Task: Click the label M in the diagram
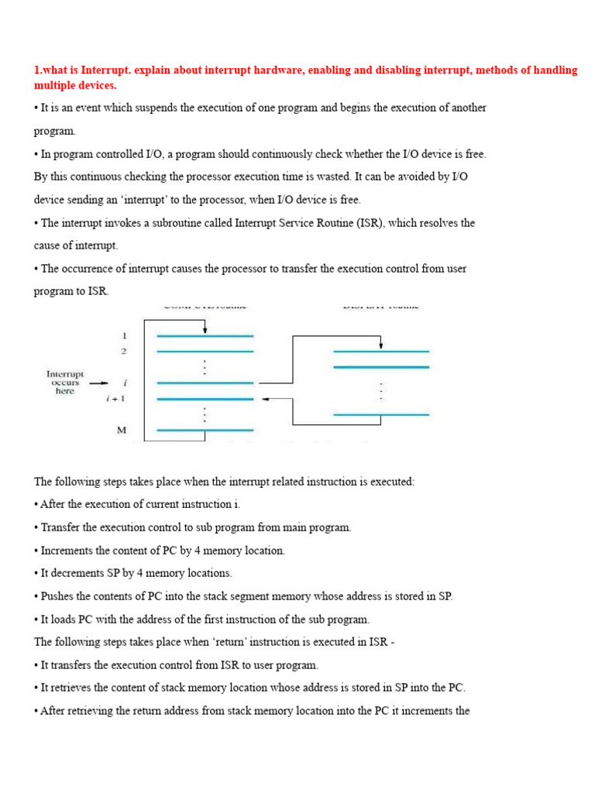pos(122,431)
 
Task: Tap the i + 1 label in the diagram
pos(115,399)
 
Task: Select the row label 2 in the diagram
pos(123,352)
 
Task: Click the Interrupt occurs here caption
pos(65,383)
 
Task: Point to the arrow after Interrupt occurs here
pos(98,383)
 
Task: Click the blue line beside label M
pos(205,431)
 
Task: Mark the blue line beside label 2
pos(205,352)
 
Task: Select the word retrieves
pos(74,688)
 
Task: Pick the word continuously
pos(281,154)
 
